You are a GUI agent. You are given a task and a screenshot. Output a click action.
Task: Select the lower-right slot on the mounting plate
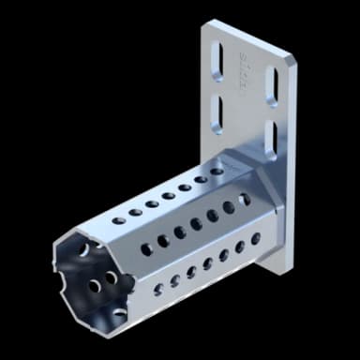pos(275,137)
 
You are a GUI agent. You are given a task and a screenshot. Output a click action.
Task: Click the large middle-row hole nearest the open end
pos(146,249)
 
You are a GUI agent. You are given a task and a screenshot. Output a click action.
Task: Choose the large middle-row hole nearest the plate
pos(246,200)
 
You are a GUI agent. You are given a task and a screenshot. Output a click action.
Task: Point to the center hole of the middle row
pos(196,224)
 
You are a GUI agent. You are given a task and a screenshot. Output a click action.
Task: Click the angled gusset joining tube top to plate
pos(253,172)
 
